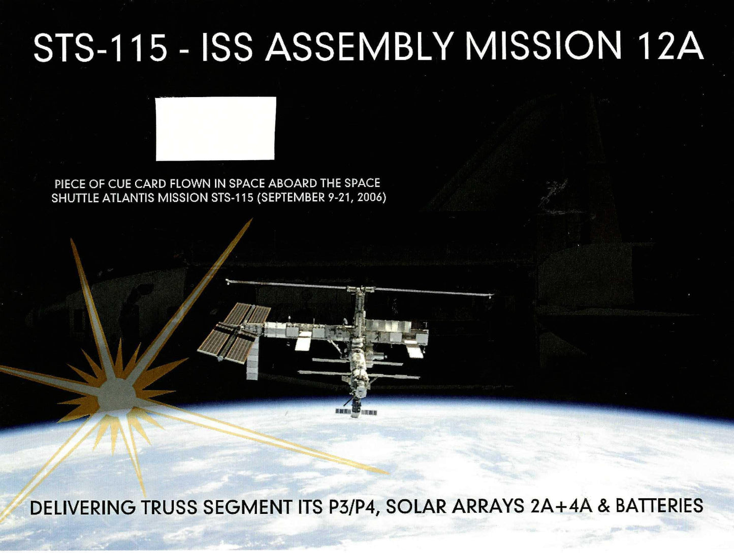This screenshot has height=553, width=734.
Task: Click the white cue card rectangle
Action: coord(216,129)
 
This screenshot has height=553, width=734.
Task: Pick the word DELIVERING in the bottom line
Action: coord(83,508)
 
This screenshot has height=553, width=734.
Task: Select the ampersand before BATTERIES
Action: coord(602,506)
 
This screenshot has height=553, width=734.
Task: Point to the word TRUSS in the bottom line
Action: coord(169,508)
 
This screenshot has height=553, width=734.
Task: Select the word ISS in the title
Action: coord(227,47)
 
